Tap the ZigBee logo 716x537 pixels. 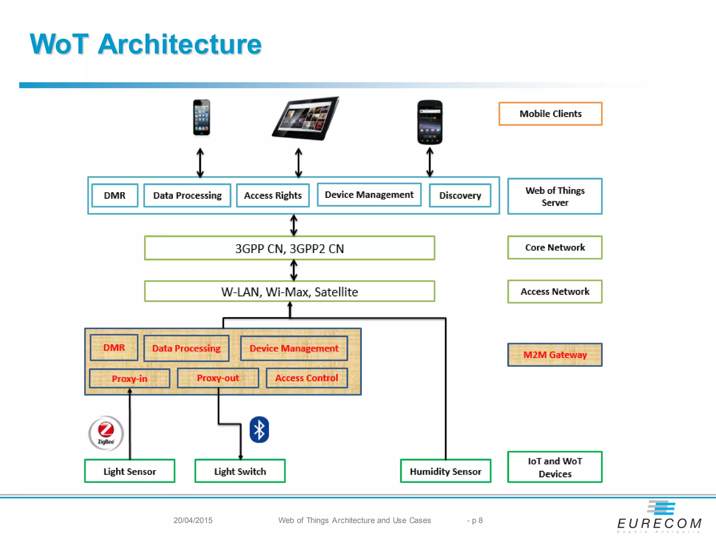pos(106,433)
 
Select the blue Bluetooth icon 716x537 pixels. pos(259,430)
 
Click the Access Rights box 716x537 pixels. pos(273,195)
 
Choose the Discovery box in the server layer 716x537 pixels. pos(460,195)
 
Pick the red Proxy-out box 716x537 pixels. pos(218,378)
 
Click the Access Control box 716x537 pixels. pos(307,378)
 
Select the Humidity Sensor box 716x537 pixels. pos(445,471)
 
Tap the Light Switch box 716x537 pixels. pos(240,471)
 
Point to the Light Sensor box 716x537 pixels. pos(130,471)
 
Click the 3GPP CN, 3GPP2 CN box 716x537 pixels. pos(289,248)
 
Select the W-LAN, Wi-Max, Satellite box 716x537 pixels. pos(289,292)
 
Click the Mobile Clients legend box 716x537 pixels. pos(550,114)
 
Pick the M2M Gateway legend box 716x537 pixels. pos(555,355)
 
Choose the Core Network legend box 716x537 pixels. pos(555,248)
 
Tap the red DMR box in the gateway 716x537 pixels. pos(114,348)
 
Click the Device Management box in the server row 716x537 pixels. pos(369,195)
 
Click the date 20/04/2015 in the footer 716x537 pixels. pos(193,520)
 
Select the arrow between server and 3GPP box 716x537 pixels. pos(294,225)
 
